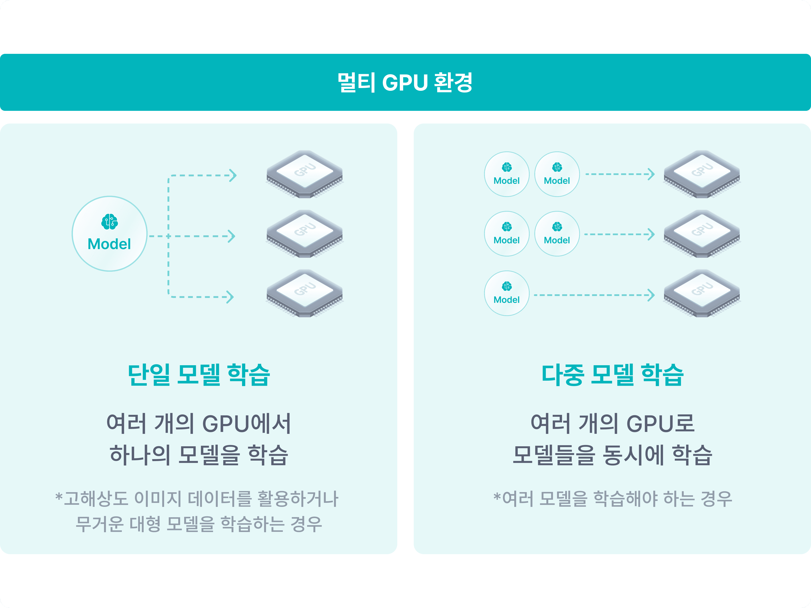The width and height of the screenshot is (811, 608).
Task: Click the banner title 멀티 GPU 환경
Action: click(405, 83)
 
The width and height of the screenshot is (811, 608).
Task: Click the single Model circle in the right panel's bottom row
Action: click(507, 293)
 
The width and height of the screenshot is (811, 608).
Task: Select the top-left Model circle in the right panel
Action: click(507, 174)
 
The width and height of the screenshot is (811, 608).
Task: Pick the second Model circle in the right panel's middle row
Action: click(557, 234)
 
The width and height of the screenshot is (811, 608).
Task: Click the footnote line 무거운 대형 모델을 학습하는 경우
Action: click(199, 524)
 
